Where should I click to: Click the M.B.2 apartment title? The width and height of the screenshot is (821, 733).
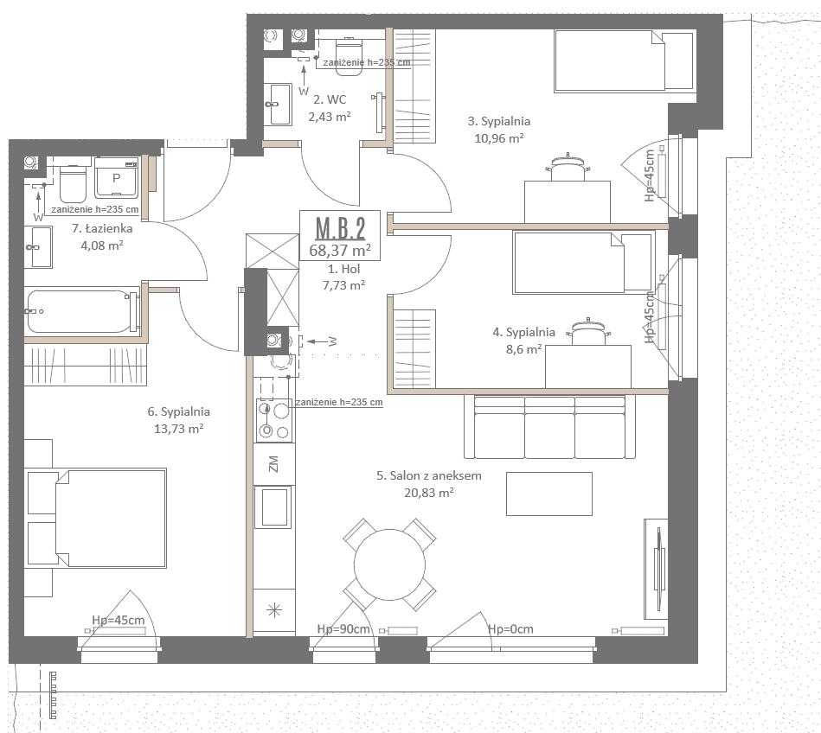tap(340, 229)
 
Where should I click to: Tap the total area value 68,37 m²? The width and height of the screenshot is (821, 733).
tap(340, 251)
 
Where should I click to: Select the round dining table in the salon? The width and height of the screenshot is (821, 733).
tap(389, 564)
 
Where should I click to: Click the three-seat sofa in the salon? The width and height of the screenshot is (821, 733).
tap(549, 426)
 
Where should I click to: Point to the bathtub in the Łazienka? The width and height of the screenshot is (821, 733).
tap(81, 311)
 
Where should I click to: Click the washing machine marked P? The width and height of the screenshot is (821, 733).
tap(116, 178)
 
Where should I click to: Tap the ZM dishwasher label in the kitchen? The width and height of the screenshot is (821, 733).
tap(273, 463)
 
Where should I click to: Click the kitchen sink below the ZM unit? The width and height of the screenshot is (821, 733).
tap(273, 507)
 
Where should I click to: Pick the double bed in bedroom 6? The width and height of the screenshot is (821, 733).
tap(96, 518)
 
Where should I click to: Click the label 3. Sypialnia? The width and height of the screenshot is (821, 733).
tap(499, 121)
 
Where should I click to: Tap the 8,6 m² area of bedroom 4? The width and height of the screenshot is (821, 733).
tap(523, 349)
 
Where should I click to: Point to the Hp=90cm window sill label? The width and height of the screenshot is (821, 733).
tap(343, 629)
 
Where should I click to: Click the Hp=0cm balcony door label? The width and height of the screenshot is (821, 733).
tap(510, 629)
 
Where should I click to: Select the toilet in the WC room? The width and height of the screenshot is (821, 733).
tap(349, 56)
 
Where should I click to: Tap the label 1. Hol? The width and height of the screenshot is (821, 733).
tap(344, 269)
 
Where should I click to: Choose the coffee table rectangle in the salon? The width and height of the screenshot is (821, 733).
tap(549, 494)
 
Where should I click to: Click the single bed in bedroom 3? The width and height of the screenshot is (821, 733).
tap(625, 61)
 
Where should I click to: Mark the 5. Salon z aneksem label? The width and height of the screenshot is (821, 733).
tap(429, 475)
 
